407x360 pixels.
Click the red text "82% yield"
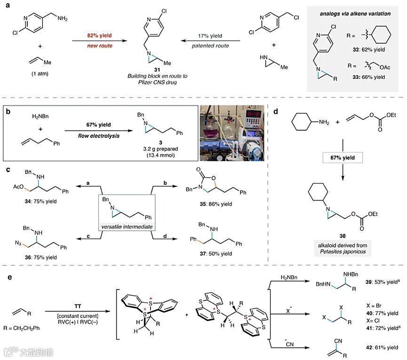coord(95,35)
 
